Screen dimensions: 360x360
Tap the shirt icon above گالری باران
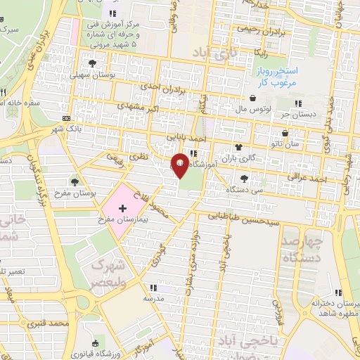pyautogui.click(x=238, y=148)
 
